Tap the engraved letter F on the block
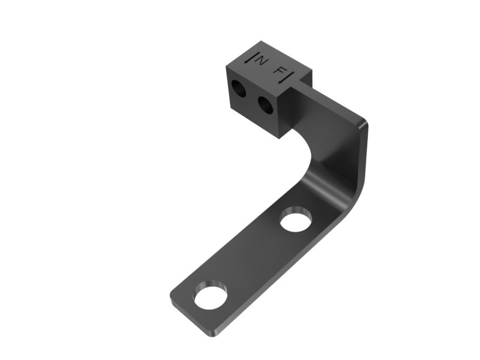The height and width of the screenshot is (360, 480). tap(280, 71)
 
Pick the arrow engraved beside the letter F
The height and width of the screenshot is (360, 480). tap(290, 75)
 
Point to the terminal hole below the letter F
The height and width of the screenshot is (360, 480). tap(265, 105)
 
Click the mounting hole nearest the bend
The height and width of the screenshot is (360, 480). tap(294, 218)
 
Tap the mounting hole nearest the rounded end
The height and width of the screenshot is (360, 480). tap(209, 296)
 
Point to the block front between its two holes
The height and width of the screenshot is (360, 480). tap(252, 98)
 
